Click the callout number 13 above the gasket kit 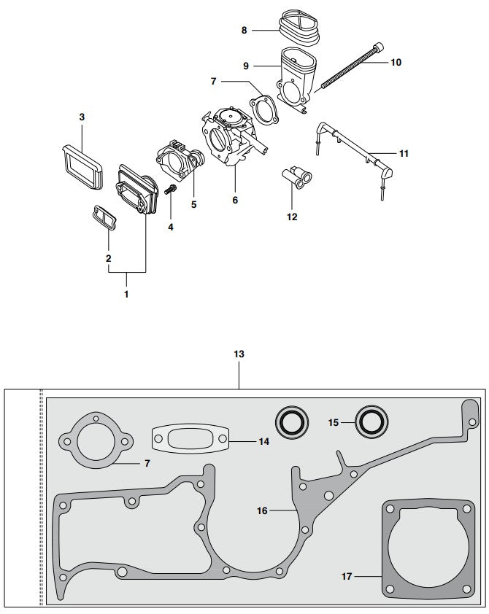coord(239,354)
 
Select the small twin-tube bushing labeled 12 coord(296,176)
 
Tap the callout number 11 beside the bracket coord(404,154)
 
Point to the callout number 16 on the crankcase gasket coord(262,511)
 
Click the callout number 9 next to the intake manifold coord(246,66)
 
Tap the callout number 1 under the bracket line coord(126,295)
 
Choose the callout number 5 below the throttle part coord(193,205)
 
